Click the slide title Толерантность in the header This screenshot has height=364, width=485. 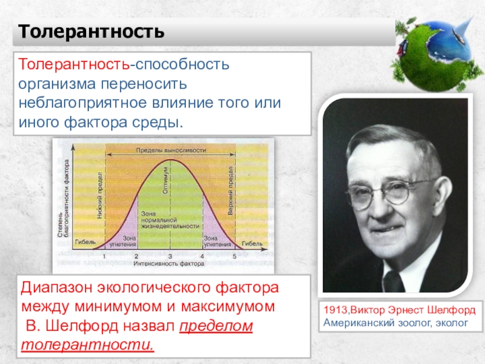[90, 31]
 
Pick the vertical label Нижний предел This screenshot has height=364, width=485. [99, 195]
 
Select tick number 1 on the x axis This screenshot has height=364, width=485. [104, 256]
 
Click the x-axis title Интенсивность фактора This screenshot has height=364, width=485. [169, 264]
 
